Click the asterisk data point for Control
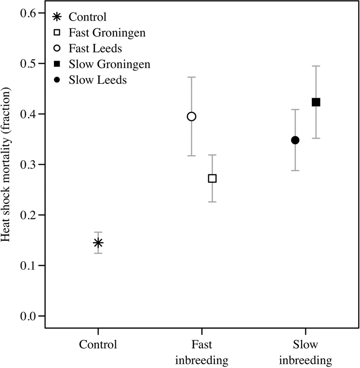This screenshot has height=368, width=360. [98, 243]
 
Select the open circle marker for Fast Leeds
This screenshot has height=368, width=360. [191, 117]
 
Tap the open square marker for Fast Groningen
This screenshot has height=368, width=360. [212, 179]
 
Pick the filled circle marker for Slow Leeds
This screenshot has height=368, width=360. [295, 140]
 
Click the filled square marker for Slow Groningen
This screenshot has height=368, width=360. [316, 102]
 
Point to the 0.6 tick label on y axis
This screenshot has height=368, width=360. [29, 13]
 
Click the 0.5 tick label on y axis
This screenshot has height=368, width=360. [29, 64]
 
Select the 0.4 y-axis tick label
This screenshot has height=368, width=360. [29, 114]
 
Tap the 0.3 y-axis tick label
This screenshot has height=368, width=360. [29, 165]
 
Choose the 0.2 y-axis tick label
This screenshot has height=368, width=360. [29, 215]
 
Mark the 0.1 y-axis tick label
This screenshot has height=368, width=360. [29, 265]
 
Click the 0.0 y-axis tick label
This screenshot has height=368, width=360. [29, 316]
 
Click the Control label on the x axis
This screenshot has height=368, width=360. [98, 345]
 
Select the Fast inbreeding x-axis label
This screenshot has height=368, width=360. [201, 353]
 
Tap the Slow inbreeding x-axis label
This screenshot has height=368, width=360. [306, 353]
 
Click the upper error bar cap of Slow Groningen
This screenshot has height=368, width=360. [316, 66]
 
